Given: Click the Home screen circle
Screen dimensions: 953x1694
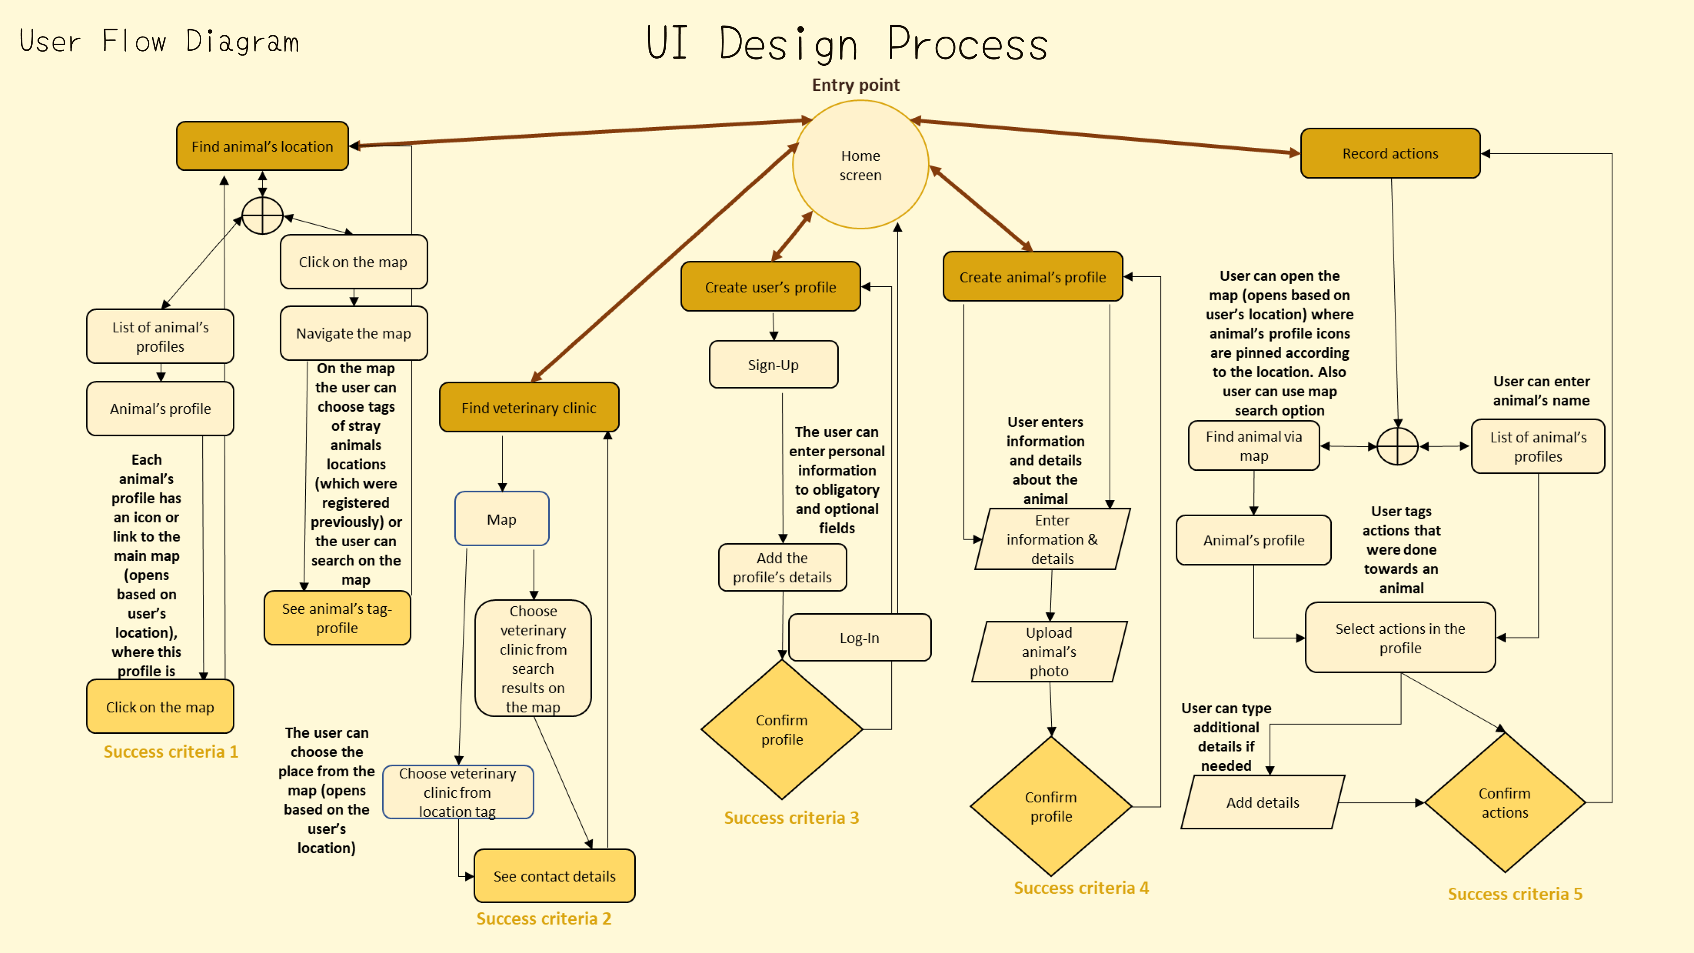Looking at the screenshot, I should [x=860, y=165].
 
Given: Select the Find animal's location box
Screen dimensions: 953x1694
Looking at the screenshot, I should [x=262, y=146].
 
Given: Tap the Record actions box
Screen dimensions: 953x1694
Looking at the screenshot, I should [x=1390, y=153].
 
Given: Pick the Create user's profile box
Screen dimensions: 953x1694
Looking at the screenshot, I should [x=770, y=287].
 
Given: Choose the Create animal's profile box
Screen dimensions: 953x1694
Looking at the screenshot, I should [x=1032, y=277].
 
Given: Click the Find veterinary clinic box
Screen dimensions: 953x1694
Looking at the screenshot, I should [x=529, y=408].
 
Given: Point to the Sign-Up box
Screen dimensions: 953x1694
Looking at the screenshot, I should [x=773, y=365].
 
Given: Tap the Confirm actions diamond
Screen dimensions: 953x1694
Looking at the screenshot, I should [x=1505, y=803].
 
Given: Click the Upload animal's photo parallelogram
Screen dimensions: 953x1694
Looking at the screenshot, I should [x=1049, y=651].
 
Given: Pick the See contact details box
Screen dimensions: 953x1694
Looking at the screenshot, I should [x=555, y=876].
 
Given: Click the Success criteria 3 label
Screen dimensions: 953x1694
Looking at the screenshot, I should [x=791, y=818].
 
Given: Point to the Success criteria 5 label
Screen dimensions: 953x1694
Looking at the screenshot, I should [x=1514, y=894].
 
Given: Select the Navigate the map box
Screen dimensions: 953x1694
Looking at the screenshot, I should [x=354, y=334].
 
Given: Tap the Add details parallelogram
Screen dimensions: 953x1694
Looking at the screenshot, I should [x=1263, y=803].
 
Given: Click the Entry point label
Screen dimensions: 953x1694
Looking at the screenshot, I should [x=855, y=85].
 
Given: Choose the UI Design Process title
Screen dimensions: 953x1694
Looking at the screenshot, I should [x=847, y=44].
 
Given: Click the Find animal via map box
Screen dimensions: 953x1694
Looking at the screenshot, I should [x=1253, y=446].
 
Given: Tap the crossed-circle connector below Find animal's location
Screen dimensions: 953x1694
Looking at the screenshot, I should [x=262, y=215].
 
